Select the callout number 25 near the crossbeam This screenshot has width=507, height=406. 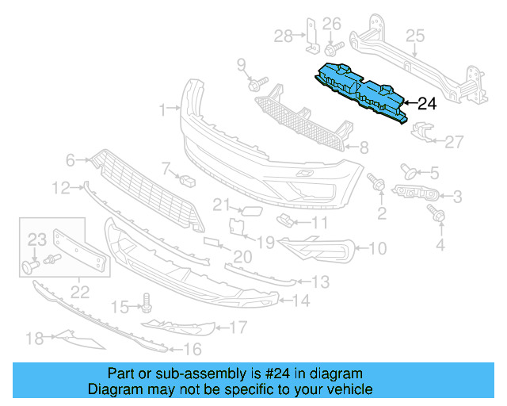click(415, 35)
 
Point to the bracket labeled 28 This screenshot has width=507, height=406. click(312, 35)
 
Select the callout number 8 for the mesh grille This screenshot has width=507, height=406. click(363, 147)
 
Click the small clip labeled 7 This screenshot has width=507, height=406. click(188, 180)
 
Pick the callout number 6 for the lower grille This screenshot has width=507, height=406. click(71, 160)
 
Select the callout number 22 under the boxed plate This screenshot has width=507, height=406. click(79, 293)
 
